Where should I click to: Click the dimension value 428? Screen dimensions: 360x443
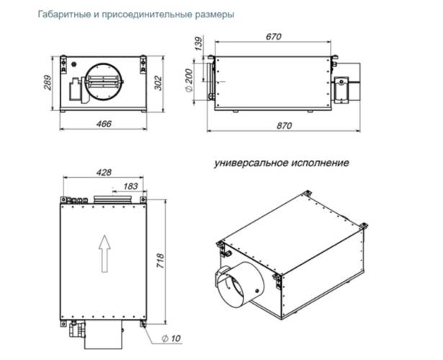103,173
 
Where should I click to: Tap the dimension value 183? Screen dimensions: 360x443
130,186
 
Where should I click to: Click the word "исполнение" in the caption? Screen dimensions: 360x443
321,163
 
